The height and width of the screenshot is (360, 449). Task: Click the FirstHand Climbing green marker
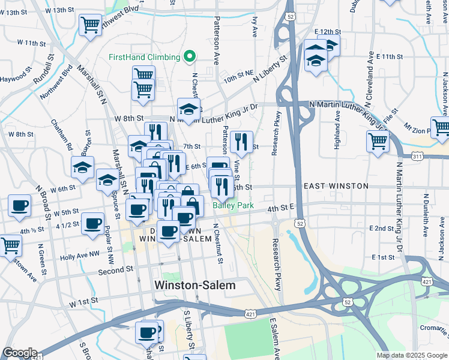[x=190, y=57]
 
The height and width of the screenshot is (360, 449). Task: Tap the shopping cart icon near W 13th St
[x=90, y=25]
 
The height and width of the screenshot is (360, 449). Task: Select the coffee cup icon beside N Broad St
[x=19, y=206]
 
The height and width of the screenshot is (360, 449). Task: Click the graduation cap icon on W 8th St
[x=188, y=110]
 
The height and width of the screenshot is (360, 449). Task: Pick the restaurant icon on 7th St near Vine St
[x=241, y=142]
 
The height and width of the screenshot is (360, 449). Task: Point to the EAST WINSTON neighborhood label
[x=336, y=186]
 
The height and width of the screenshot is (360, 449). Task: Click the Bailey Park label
[x=234, y=206]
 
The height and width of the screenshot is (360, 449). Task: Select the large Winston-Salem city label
[x=195, y=286]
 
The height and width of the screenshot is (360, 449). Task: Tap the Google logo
[x=20, y=353]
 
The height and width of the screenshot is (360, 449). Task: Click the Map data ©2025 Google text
[x=411, y=355]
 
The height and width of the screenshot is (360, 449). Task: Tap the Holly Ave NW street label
[x=80, y=255]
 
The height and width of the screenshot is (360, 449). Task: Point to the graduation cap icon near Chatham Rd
[x=83, y=167]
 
